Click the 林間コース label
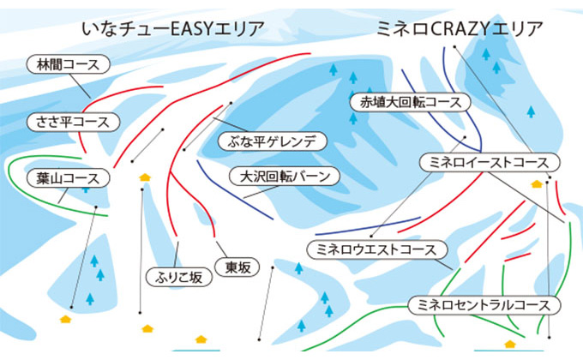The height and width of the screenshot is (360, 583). click(x=69, y=64)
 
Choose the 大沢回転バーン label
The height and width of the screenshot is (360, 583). click(x=285, y=178)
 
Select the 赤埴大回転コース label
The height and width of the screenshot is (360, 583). click(x=411, y=102)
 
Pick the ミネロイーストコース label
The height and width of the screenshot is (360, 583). click(x=489, y=162)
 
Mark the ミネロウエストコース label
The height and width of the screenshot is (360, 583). click(x=377, y=249)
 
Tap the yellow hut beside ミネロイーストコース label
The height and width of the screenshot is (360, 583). click(x=537, y=183)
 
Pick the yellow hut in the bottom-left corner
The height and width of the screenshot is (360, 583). click(x=65, y=318)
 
